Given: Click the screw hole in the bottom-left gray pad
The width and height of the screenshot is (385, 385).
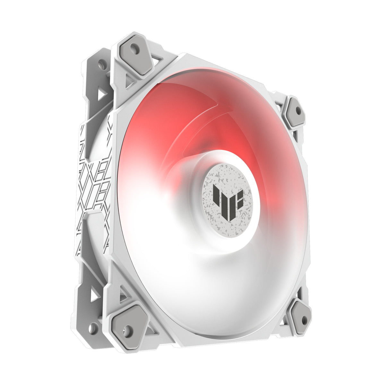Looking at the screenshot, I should (x=128, y=329).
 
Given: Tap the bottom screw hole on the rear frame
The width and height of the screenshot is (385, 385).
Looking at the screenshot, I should (x=93, y=328).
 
